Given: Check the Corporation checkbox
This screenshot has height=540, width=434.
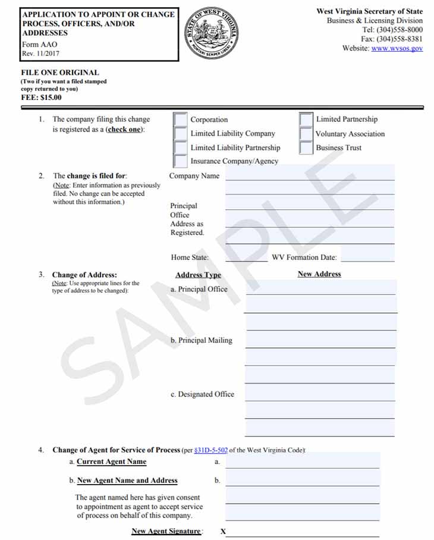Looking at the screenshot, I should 180,120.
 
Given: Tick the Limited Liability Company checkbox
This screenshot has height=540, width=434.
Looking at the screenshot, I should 180,134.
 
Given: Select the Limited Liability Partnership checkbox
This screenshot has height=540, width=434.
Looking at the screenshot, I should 180,147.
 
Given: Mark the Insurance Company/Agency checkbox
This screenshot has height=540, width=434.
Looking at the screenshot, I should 180,161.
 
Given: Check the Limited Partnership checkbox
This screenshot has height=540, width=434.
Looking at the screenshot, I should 306,120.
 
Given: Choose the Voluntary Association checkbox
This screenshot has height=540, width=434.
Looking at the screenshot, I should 306,134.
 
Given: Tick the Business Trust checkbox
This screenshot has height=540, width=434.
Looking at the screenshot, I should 306,147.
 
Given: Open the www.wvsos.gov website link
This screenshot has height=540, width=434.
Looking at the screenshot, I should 397,48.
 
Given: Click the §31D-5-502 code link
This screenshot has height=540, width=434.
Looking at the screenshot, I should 210,450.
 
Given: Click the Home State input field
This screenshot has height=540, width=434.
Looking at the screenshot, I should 246,257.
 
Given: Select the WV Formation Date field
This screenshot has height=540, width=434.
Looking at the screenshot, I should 367,257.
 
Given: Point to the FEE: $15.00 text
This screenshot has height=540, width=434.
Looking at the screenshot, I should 41,98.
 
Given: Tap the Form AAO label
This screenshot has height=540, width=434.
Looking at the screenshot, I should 40,45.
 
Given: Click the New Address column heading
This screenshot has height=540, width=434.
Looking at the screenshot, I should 319,274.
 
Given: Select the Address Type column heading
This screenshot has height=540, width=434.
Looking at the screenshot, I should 198,275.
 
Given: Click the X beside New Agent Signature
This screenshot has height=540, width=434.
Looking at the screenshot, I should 223,532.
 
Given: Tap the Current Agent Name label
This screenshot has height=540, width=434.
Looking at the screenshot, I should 111,461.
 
